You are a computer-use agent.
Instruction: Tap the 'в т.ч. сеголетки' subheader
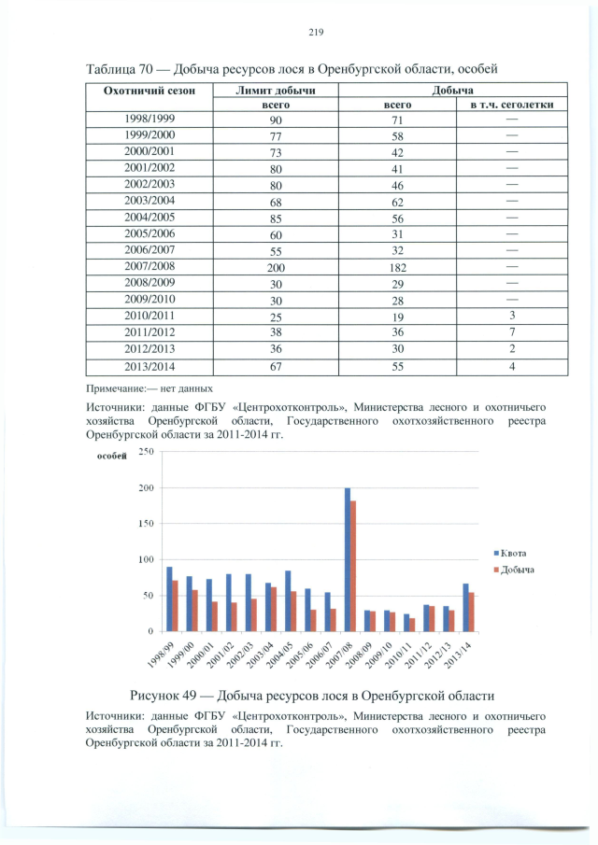coord(512,106)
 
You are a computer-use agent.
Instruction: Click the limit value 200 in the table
coord(276,267)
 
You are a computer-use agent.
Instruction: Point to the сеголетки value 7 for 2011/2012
coord(512,333)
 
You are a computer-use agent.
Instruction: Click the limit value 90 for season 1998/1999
coord(276,121)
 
